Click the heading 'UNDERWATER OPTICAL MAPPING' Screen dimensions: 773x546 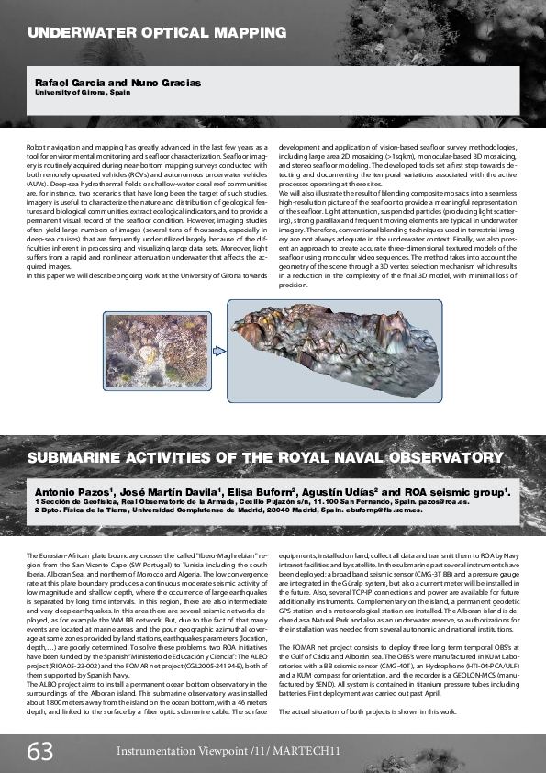tap(157, 32)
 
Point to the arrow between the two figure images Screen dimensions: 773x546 tap(217, 350)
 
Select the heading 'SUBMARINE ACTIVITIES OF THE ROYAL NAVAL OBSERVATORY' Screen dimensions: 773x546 tap(265, 456)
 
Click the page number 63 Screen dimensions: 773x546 tap(39, 752)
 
